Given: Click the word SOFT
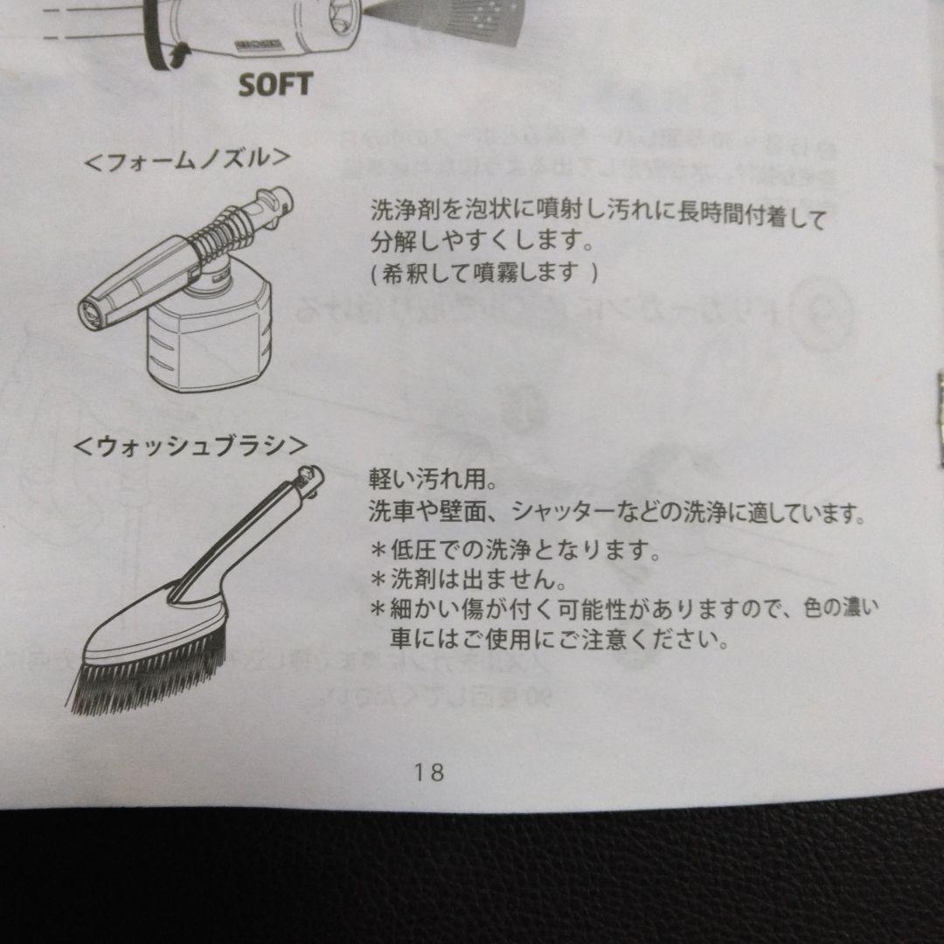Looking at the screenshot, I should [275, 84].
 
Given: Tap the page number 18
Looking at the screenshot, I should [429, 773].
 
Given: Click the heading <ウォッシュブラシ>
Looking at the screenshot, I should [191, 447].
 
